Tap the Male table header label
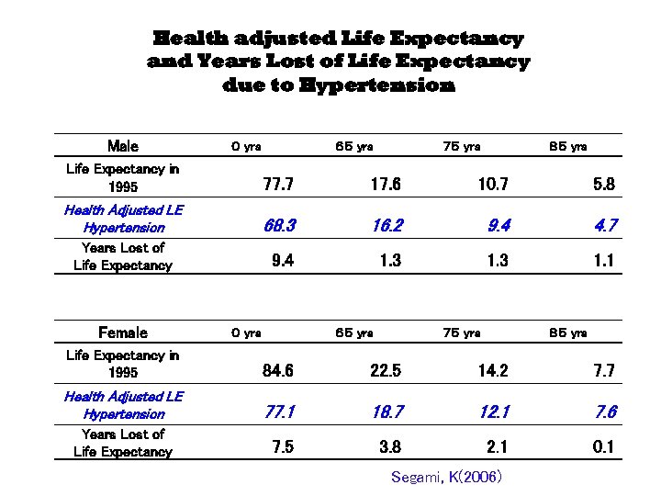(x=122, y=146)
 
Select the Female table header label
(x=122, y=333)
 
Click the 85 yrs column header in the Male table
(x=567, y=146)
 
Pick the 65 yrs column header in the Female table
(x=353, y=333)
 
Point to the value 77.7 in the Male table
(x=278, y=185)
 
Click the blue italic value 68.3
(x=278, y=224)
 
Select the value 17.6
(x=386, y=185)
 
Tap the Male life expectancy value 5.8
(x=604, y=185)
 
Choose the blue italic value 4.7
(x=605, y=224)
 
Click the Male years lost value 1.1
(x=604, y=261)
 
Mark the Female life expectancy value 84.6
(x=278, y=371)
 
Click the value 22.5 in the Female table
(x=386, y=371)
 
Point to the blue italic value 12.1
(x=493, y=412)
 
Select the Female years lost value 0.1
(x=604, y=447)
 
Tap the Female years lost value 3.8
(x=390, y=447)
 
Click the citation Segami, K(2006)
(x=446, y=478)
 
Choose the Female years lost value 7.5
(x=283, y=447)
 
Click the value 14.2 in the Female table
(x=493, y=371)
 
